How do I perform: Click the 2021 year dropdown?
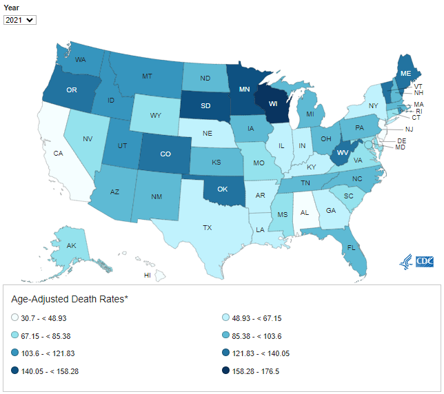pyautogui.click(x=19, y=20)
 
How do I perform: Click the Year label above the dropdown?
pyautogui.click(x=12, y=8)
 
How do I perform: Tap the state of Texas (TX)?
pyautogui.click(x=206, y=227)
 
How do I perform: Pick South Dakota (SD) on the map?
pyautogui.click(x=205, y=107)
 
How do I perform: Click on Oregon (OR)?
pyautogui.click(x=71, y=90)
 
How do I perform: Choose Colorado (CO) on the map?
pyautogui.click(x=165, y=154)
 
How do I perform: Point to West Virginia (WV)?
pyautogui.click(x=341, y=152)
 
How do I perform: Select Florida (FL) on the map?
pyautogui.click(x=351, y=246)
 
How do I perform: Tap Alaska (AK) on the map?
pyautogui.click(x=72, y=245)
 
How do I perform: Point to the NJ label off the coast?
pyautogui.click(x=408, y=129)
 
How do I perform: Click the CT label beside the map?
pyautogui.click(x=416, y=118)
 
